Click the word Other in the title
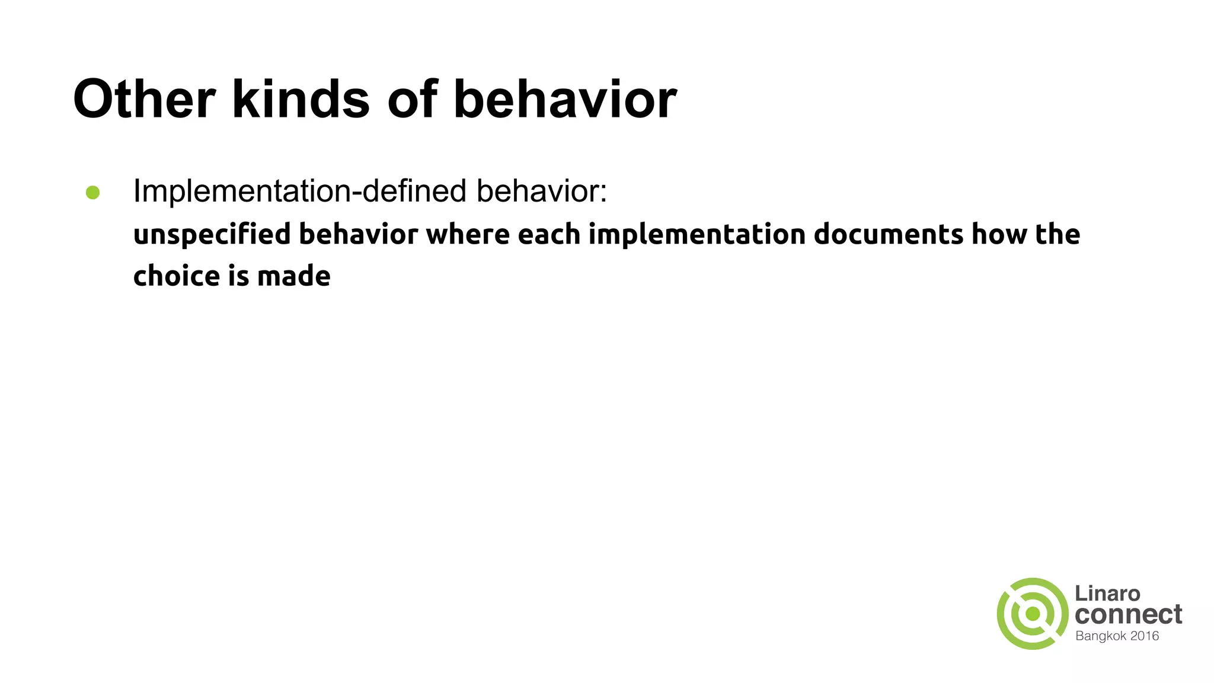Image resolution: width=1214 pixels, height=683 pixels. click(144, 99)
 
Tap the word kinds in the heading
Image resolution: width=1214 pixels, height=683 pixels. click(301, 99)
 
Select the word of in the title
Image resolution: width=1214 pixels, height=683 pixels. click(413, 99)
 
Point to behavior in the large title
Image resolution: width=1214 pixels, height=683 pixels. click(565, 99)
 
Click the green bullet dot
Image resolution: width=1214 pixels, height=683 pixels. click(92, 193)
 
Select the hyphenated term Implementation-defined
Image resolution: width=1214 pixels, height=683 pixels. click(300, 192)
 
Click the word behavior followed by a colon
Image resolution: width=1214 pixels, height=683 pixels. click(541, 192)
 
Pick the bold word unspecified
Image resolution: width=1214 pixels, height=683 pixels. click(212, 235)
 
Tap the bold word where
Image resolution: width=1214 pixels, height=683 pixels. click(468, 234)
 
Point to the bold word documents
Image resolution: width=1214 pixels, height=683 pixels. click(888, 234)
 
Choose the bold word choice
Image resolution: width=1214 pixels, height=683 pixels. click(176, 276)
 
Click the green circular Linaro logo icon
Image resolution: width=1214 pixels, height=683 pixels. click(1032, 614)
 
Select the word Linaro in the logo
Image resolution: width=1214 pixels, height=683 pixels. click(1107, 593)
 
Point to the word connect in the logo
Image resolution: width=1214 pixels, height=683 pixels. click(1128, 615)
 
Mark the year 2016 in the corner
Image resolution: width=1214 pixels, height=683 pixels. click(1145, 636)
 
